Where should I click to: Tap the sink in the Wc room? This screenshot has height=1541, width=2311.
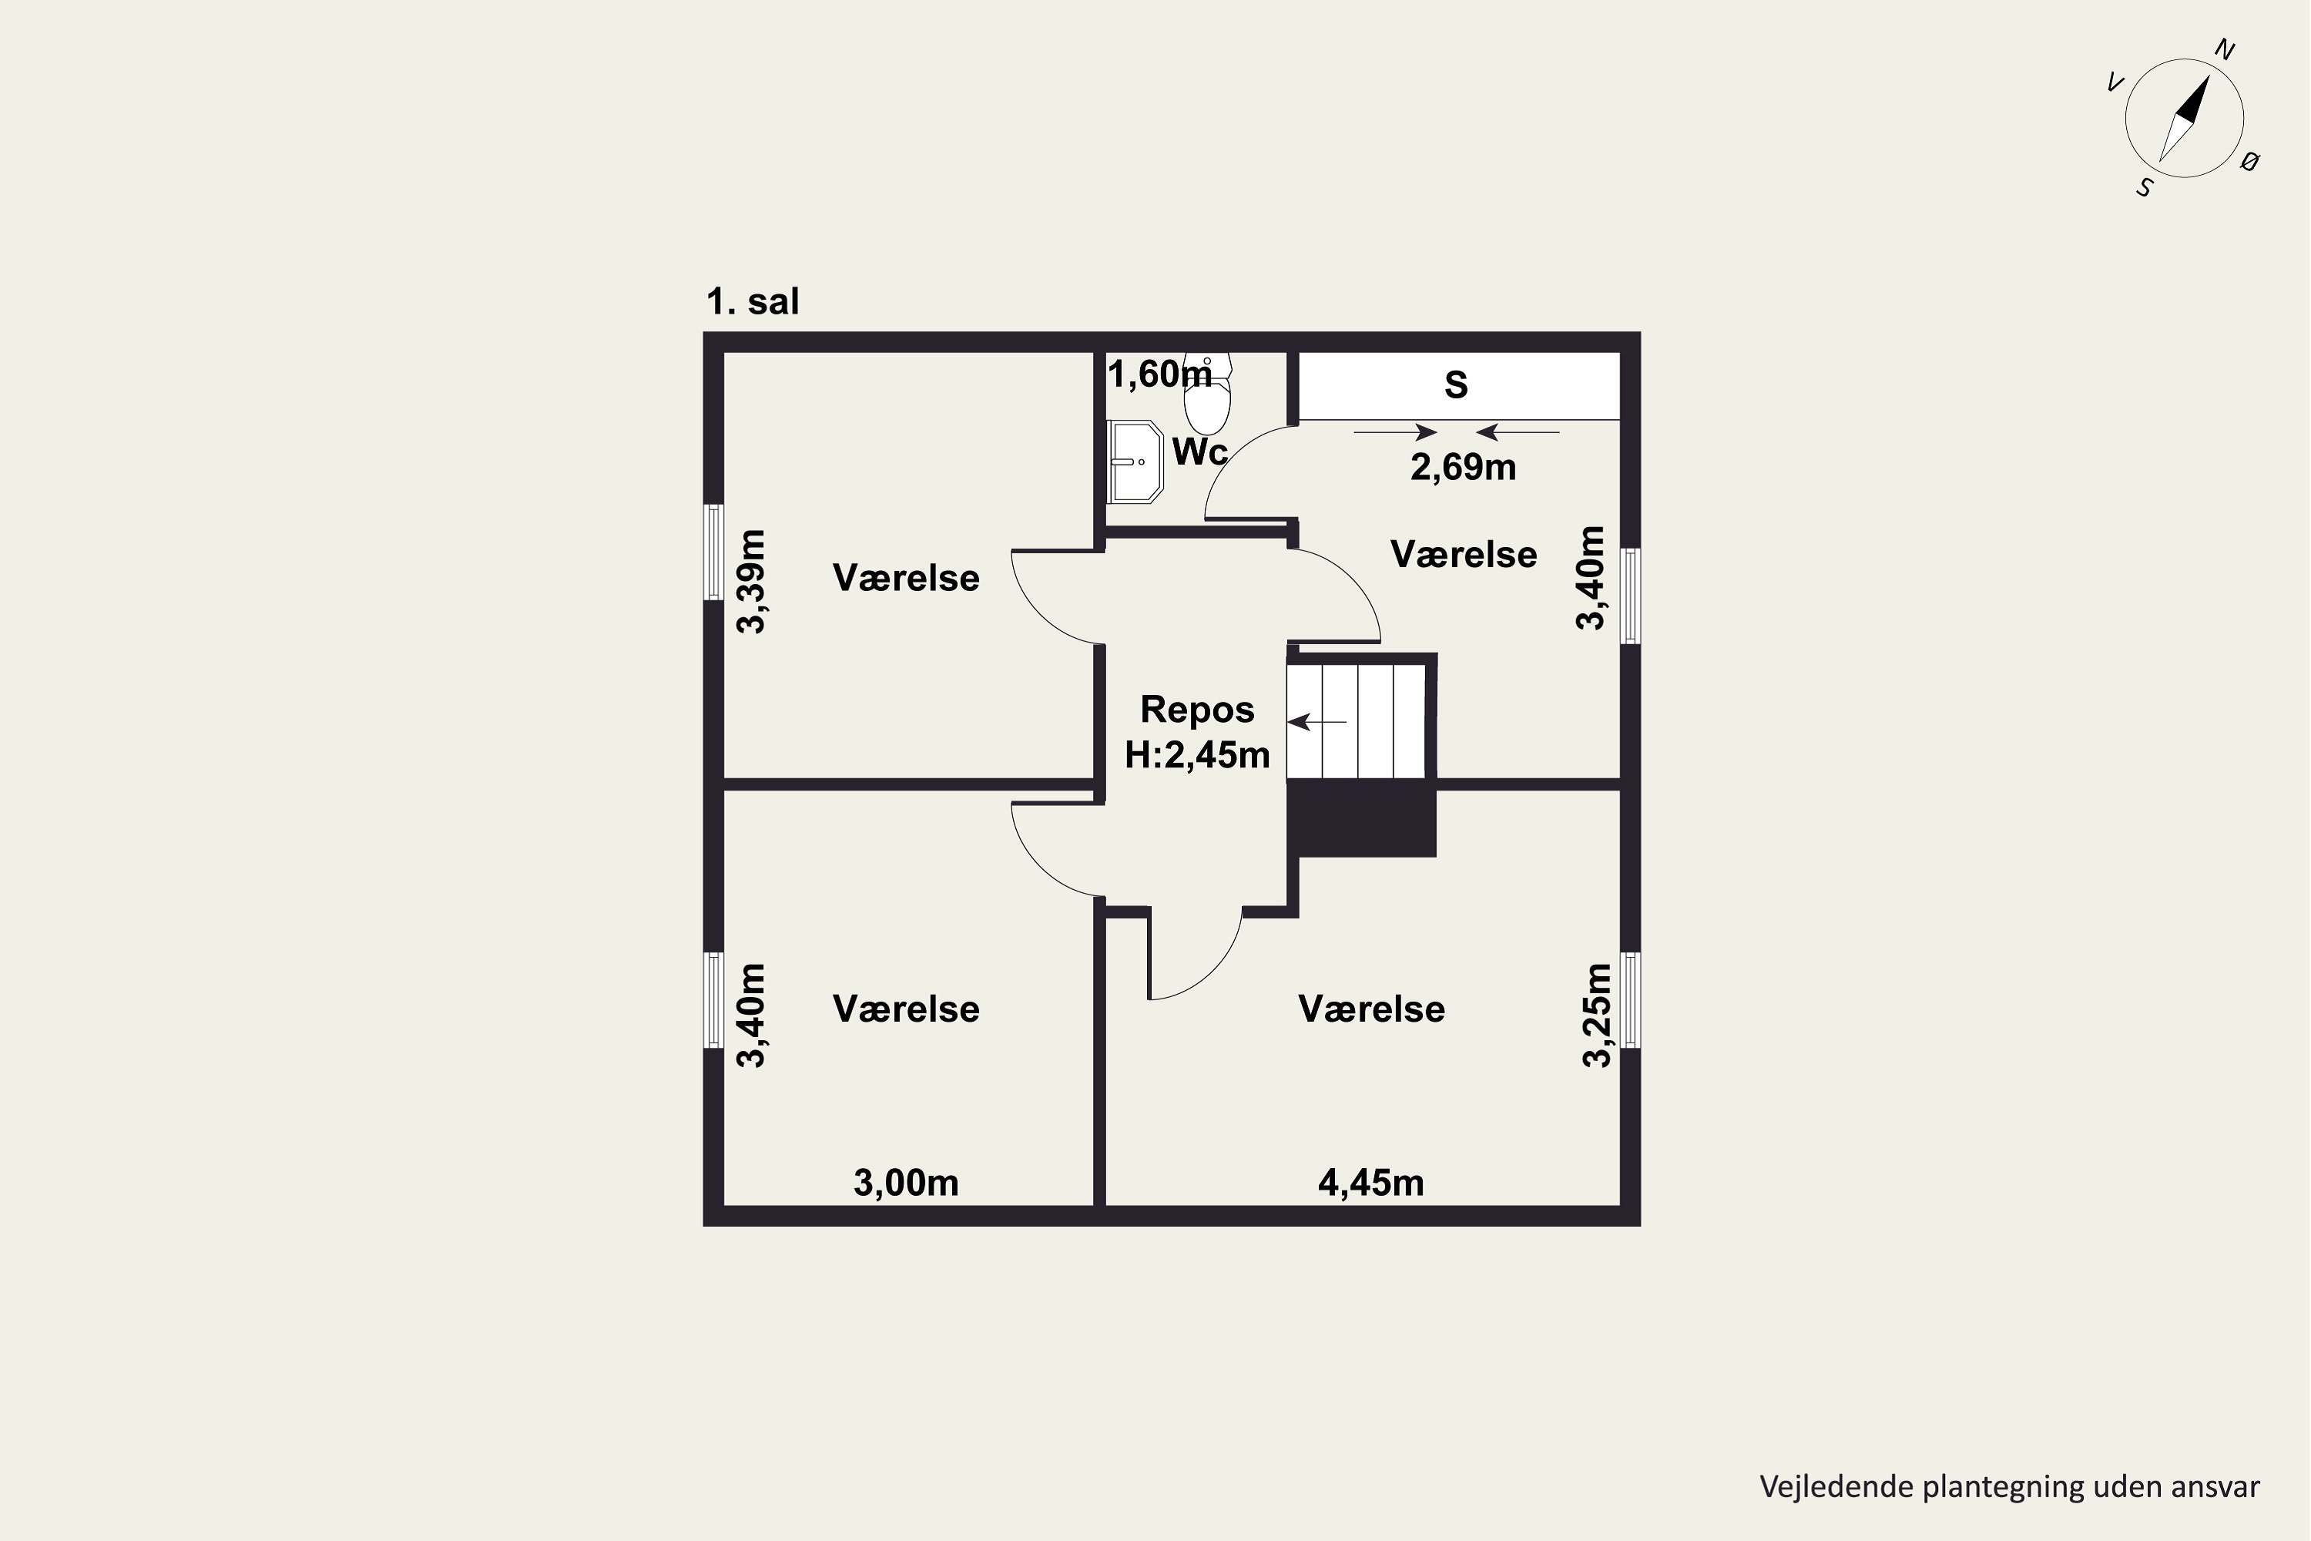1135,462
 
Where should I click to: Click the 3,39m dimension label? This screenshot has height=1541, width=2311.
752,582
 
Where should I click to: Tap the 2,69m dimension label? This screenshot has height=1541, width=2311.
1463,468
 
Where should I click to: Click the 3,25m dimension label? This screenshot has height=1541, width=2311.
1597,1016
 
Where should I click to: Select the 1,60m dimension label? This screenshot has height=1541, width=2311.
1160,374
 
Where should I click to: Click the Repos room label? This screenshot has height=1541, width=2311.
1197,710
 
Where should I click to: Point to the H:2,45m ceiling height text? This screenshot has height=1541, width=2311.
1197,756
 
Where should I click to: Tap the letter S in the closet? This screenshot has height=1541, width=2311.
1456,385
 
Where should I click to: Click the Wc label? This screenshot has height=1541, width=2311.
1199,452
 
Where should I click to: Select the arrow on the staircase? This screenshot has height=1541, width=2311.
1316,723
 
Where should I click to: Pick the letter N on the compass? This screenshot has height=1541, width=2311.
2225,51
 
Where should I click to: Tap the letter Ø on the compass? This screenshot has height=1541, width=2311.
2250,162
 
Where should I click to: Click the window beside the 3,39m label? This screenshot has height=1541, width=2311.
714,552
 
